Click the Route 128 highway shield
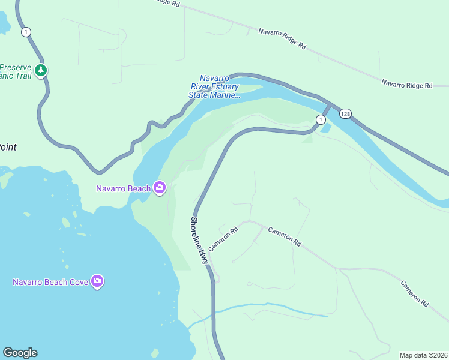pyautogui.click(x=345, y=113)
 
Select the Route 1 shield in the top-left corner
pyautogui.click(x=25, y=32)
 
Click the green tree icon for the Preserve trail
pyautogui.click(x=41, y=70)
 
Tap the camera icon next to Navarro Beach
pyautogui.click(x=160, y=188)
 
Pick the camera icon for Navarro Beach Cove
pyautogui.click(x=97, y=281)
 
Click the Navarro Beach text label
pyautogui.click(x=123, y=188)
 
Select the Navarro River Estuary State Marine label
pyautogui.click(x=214, y=86)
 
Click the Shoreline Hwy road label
pyautogui.click(x=199, y=241)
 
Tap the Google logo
pyautogui.click(x=20, y=353)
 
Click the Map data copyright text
pyautogui.click(x=423, y=355)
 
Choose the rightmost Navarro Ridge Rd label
pyautogui.click(x=406, y=85)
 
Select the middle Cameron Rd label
pyautogui.click(x=285, y=237)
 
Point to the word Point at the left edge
pyautogui.click(x=7, y=147)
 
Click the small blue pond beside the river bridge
pyautogui.click(x=325, y=128)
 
